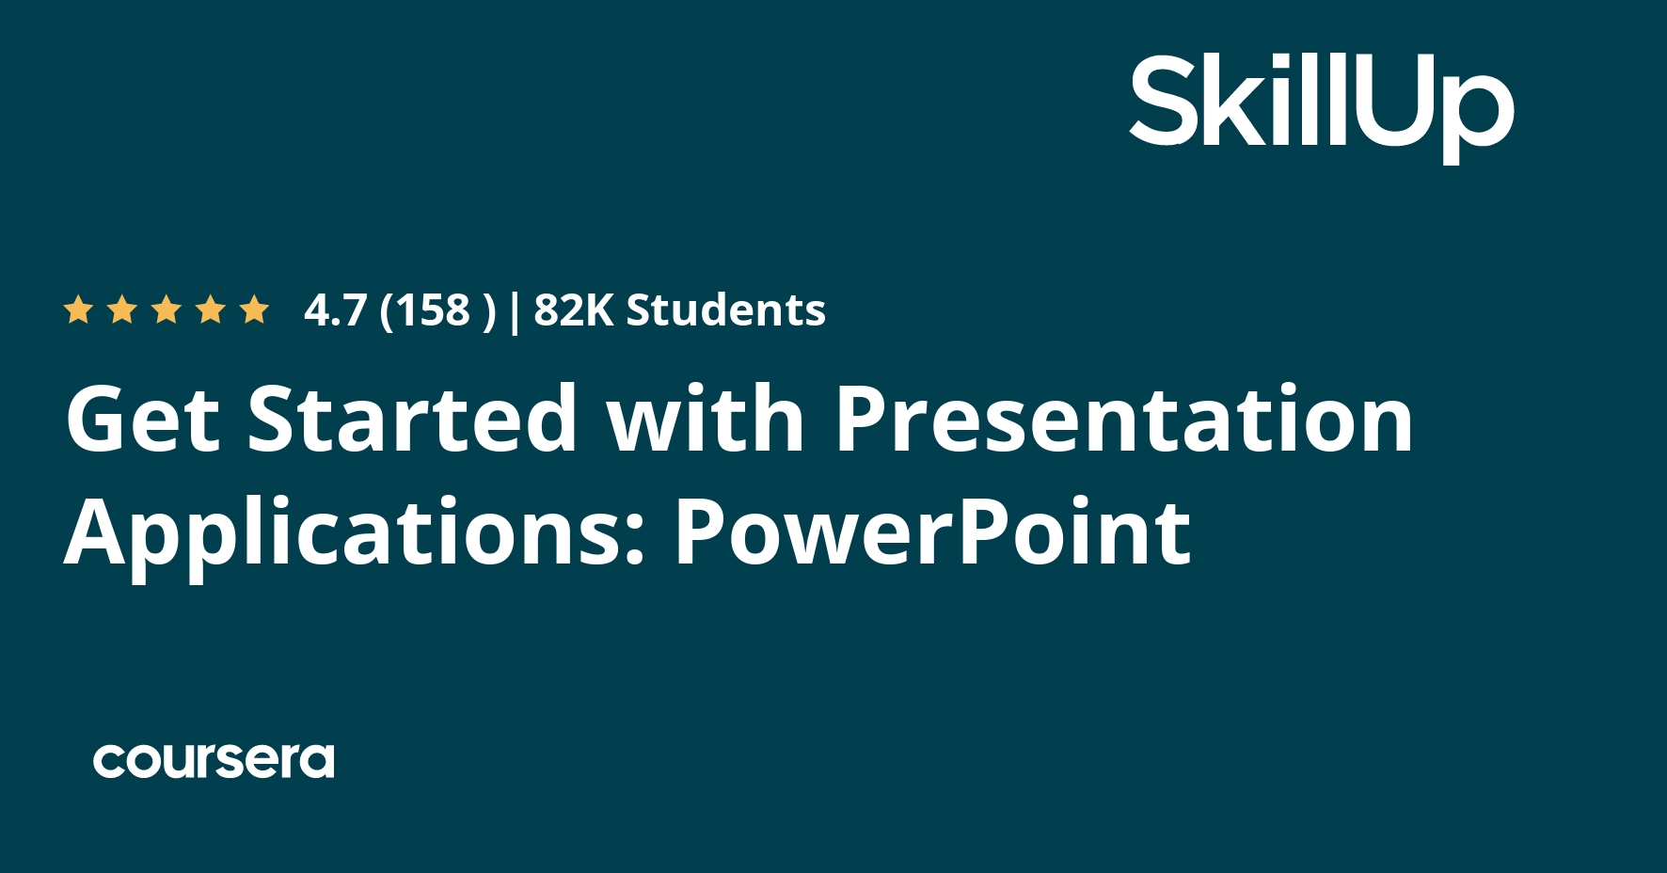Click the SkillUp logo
click(x=1321, y=105)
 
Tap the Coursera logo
click(x=214, y=760)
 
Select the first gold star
click(x=77, y=310)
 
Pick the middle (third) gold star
click(x=167, y=310)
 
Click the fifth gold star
click(x=254, y=310)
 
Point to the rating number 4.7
click(x=335, y=310)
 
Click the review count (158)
click(x=437, y=310)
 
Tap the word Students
click(x=725, y=310)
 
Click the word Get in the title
click(x=142, y=419)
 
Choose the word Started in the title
click(x=412, y=419)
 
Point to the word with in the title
click(x=706, y=419)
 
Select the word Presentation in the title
click(x=1124, y=419)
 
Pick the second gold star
click(x=122, y=310)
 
